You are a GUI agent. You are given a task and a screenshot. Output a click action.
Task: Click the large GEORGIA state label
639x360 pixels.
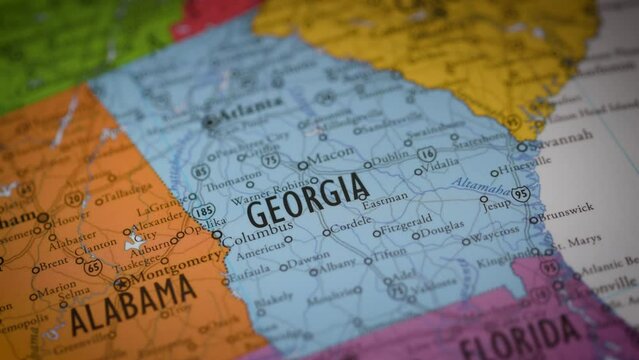[308, 200]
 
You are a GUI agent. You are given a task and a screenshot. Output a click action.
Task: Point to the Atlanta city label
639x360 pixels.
[249, 107]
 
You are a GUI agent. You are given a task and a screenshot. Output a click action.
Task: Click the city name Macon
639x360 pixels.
[331, 157]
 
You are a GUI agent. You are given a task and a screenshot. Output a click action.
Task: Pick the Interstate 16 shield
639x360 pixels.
[427, 154]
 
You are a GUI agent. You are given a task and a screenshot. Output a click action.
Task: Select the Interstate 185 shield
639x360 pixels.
[204, 211]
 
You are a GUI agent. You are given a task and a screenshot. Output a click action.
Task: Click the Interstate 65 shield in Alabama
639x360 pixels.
[93, 268]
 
